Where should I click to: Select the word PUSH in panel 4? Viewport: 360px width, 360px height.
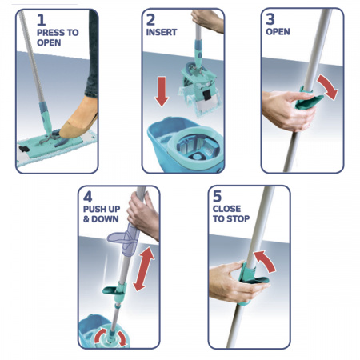(95, 213)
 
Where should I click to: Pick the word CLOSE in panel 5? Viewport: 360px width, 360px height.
(226, 213)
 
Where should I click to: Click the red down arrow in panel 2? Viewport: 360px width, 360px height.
(162, 90)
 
